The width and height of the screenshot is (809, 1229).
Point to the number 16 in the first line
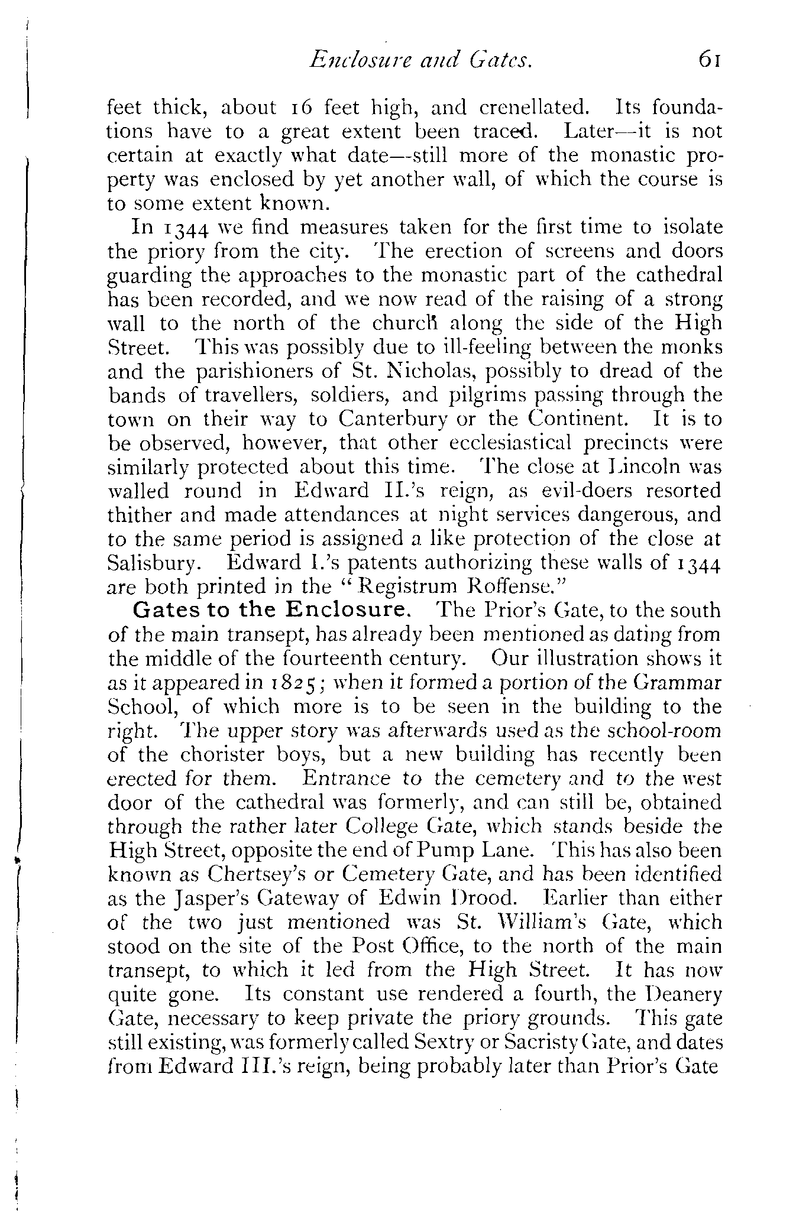pyautogui.click(x=301, y=108)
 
